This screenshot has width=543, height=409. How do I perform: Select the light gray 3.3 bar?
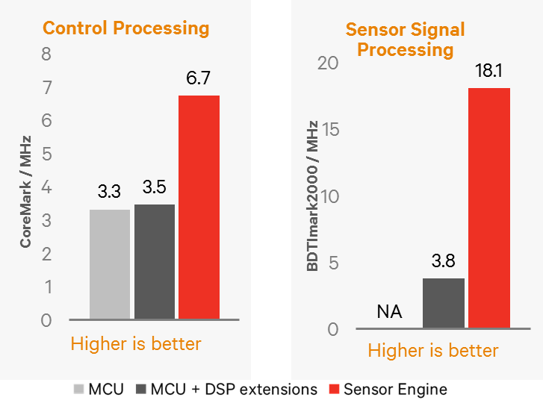pos(110,264)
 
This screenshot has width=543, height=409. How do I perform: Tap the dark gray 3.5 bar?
pos(155,261)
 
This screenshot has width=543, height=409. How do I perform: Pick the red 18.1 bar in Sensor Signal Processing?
pos(488,208)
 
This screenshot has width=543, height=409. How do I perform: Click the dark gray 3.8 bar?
pos(444,303)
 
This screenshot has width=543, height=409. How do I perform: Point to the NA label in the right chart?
pos(389,312)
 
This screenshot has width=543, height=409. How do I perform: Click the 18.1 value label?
pos(488,72)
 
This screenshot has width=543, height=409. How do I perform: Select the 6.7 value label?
pos(199,78)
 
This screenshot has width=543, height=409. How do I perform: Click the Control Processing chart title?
pos(125,29)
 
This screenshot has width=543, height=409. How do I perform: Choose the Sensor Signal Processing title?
pos(405,40)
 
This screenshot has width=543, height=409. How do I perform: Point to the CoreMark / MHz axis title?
pos(26,191)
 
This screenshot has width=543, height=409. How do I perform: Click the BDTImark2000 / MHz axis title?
pos(314,195)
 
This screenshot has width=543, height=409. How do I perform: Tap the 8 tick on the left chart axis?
pos(46,54)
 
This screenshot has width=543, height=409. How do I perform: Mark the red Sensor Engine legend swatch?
pos(335,389)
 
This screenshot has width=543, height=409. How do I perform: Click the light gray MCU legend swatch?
pos(79,389)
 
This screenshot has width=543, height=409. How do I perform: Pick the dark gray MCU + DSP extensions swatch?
pos(140,389)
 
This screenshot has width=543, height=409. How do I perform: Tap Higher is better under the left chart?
pos(136,344)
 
